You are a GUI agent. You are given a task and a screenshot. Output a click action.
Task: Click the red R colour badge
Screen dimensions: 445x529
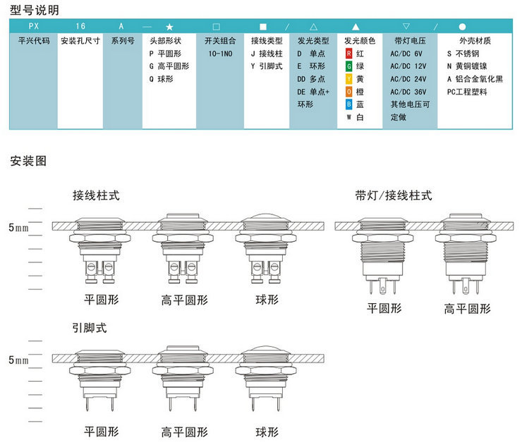[348, 54]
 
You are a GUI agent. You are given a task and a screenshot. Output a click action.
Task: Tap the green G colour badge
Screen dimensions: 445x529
[348, 66]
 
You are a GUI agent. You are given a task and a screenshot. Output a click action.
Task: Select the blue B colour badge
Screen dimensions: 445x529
[348, 104]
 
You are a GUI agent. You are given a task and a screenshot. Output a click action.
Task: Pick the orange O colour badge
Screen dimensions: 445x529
[348, 92]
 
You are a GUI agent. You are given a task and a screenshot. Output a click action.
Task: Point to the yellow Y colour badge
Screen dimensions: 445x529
[348, 79]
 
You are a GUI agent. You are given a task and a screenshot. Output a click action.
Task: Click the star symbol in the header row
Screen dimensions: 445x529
[169, 26]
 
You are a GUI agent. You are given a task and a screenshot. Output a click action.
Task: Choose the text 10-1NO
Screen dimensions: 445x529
[220, 54]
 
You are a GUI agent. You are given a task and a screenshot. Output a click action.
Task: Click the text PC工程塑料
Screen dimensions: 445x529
[467, 92]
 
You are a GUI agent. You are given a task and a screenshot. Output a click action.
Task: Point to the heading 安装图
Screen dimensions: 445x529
[29, 161]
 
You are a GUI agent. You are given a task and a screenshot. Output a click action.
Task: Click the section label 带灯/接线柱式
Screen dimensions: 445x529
[394, 195]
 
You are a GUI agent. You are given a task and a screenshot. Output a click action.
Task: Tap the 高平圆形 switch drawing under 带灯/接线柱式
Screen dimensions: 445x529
[466, 250]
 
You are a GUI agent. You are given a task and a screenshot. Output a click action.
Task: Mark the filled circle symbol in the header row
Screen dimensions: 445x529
[462, 26]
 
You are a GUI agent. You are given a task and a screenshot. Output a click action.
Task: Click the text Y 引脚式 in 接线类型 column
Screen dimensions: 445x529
[267, 66]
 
